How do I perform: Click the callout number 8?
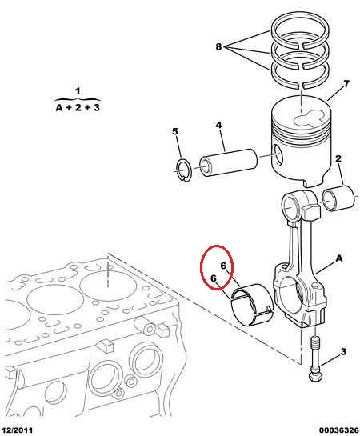coord(218,46)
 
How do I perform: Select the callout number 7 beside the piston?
coord(346,83)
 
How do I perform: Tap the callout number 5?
coord(175,131)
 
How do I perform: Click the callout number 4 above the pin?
coord(218,125)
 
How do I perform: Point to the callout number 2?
coord(338,158)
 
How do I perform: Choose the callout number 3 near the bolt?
coord(343,351)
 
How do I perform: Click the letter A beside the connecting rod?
coord(339,258)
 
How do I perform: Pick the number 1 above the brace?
coord(78,90)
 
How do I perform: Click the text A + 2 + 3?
coord(78,107)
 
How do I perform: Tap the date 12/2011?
coord(17,430)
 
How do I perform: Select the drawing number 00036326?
coord(339,430)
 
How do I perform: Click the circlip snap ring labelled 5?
coord(183,170)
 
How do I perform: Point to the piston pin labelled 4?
coord(228,162)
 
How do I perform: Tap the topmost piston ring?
coord(300,30)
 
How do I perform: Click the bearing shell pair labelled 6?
coord(252,305)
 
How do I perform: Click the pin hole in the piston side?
coord(278,154)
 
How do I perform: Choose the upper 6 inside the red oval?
coord(223,266)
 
